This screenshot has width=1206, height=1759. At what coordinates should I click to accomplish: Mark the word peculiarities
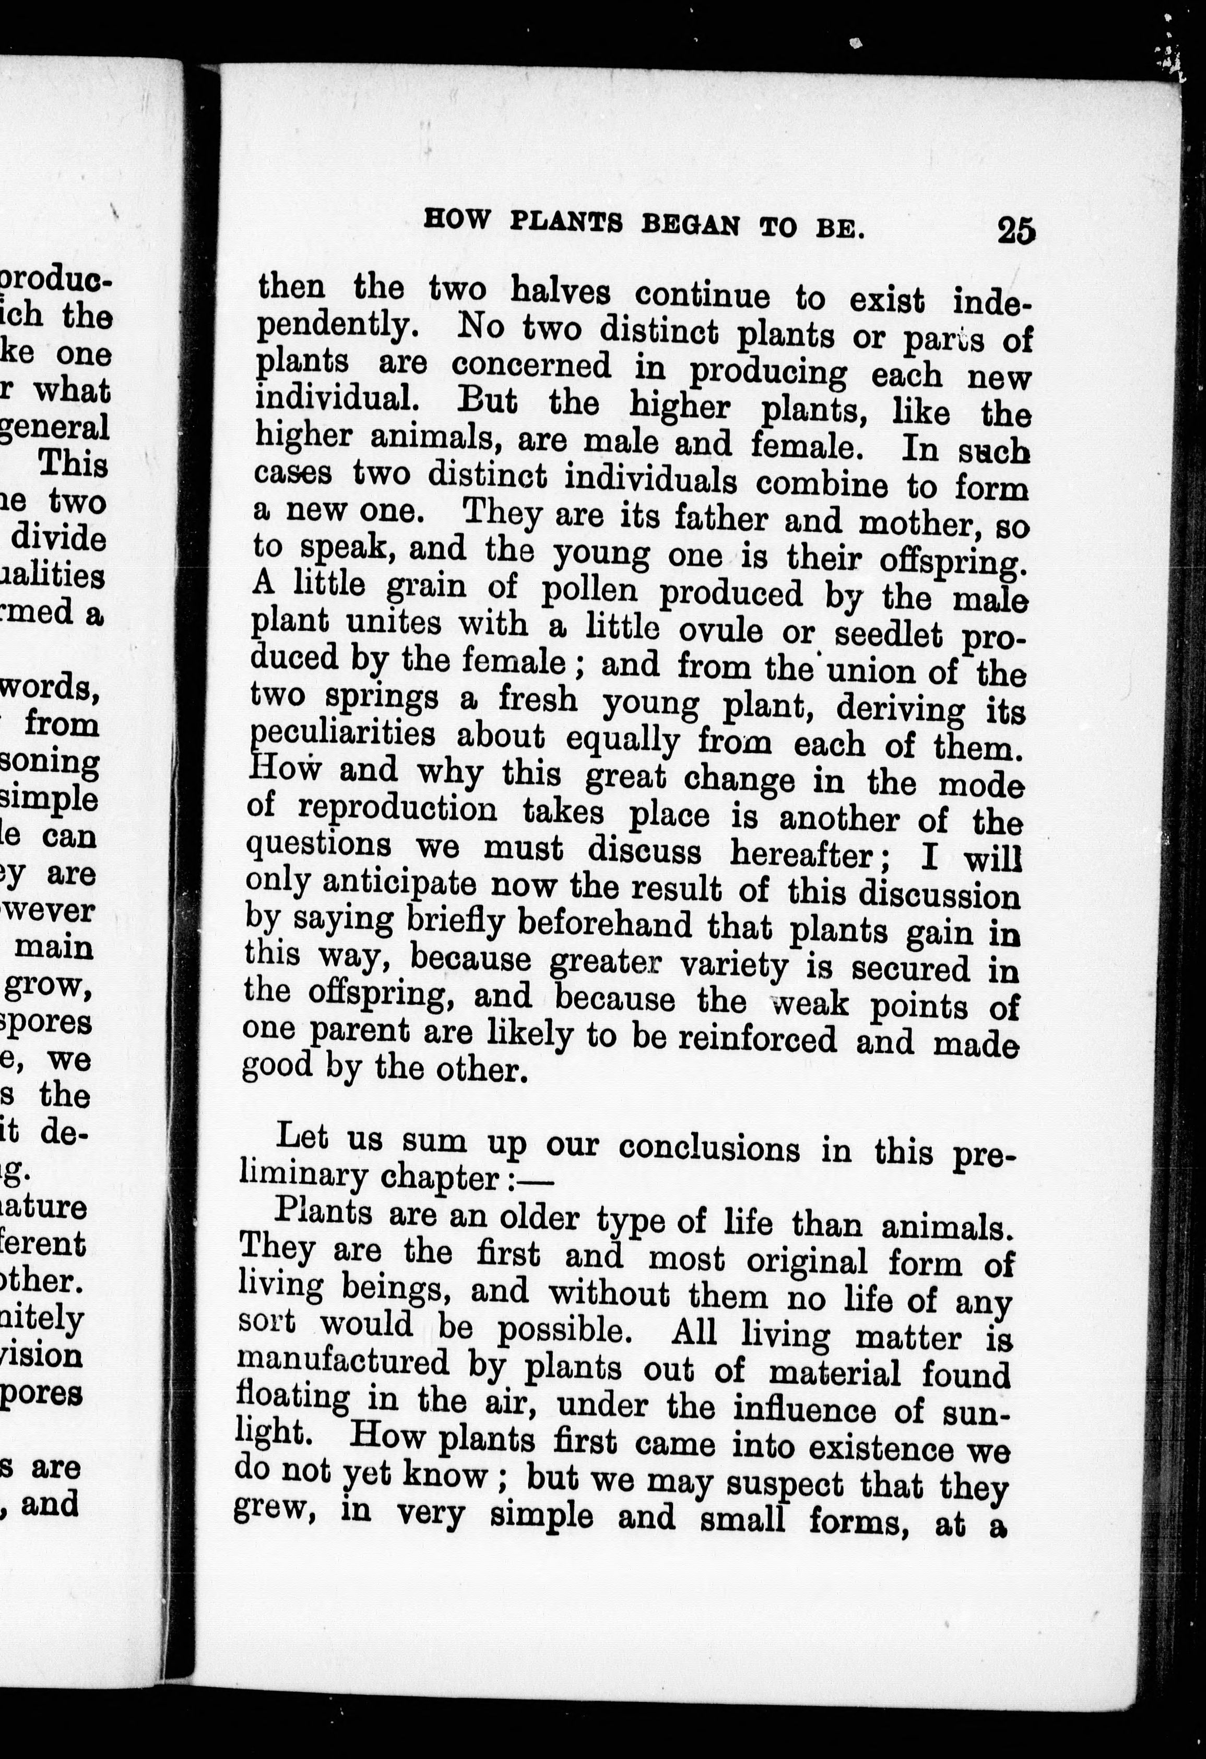(x=342, y=735)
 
